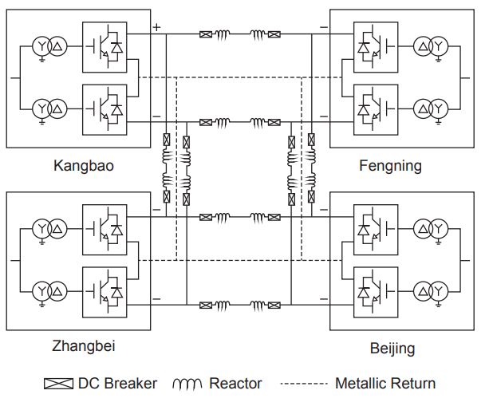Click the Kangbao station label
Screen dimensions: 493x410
click(84, 165)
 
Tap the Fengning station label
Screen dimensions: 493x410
click(390, 166)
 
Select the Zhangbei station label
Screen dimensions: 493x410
click(84, 346)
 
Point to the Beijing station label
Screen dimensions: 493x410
click(392, 349)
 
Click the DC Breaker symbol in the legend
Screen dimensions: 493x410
click(58, 384)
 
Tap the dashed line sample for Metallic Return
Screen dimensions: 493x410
click(304, 384)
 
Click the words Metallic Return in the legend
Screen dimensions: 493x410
click(385, 384)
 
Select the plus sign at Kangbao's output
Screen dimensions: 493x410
click(156, 27)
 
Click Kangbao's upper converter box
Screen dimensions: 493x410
click(105, 47)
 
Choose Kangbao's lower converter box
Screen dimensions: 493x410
click(105, 110)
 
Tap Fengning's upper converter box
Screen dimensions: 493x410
click(376, 47)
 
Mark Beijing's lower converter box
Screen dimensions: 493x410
click(376, 293)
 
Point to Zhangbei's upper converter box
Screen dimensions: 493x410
click(105, 230)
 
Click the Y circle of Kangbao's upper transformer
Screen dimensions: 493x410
click(41, 46)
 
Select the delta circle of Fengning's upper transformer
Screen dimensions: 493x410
click(423, 46)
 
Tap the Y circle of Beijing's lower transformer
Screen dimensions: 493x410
click(439, 291)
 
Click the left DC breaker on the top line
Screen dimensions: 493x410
click(206, 34)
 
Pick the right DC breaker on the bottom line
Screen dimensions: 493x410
click(274, 305)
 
